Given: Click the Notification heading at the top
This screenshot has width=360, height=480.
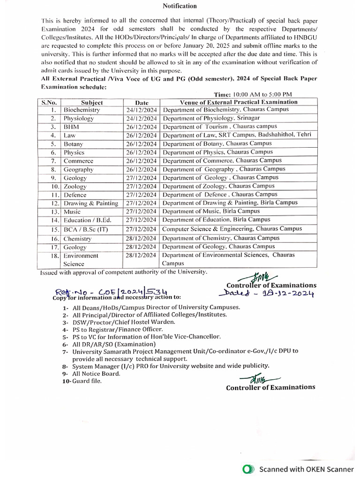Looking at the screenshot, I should coord(180,6).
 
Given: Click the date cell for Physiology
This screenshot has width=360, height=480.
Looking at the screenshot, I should coord(142,119).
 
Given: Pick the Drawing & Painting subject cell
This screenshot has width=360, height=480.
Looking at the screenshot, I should coord(91,203).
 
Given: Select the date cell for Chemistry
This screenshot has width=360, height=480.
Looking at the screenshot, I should coord(142,238).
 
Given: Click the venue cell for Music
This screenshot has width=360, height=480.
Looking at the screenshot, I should coord(211,211).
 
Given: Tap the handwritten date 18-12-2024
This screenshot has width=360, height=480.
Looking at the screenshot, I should coord(266,293).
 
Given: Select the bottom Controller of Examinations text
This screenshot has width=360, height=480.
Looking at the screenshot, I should coord(270,387).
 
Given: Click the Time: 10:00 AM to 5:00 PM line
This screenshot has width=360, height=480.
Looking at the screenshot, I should coord(253,95).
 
